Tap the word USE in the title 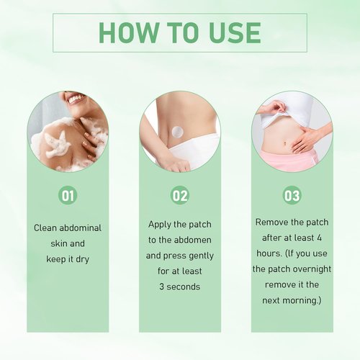coord(235,32)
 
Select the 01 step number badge coord(68,195)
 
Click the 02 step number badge coord(180,195)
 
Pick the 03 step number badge coord(292,195)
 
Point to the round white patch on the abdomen coord(178,132)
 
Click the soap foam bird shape coord(58,144)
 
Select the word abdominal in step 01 coord(81,228)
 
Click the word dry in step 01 coord(82,259)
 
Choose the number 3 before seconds coord(162,287)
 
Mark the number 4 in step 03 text coord(319,238)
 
